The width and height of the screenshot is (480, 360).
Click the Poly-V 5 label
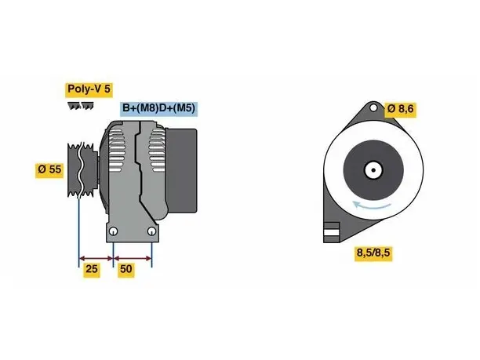(x=89, y=89)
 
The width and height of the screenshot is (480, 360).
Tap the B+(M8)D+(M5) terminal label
(x=159, y=109)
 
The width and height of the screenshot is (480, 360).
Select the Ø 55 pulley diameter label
(x=49, y=170)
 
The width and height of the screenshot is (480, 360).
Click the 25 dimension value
(x=92, y=269)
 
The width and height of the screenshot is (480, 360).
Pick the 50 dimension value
(x=125, y=269)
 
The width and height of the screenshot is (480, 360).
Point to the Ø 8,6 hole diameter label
(x=401, y=109)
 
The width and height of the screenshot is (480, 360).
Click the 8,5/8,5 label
(x=373, y=253)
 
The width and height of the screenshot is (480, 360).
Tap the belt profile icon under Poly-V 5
(x=81, y=106)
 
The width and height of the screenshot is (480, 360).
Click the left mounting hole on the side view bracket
(x=113, y=231)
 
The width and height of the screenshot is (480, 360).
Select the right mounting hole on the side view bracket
(x=151, y=231)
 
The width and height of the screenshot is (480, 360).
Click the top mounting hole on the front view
(x=373, y=107)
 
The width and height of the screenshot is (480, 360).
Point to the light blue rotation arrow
(x=372, y=205)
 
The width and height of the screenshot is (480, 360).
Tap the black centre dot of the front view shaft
(x=373, y=170)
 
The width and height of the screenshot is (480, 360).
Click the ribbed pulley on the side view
(x=82, y=169)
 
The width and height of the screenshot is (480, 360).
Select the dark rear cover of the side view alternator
(x=181, y=170)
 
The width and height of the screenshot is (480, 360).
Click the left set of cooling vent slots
(x=117, y=150)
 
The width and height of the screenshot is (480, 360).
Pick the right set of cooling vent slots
(x=157, y=150)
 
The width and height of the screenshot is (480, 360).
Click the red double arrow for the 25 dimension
(x=96, y=259)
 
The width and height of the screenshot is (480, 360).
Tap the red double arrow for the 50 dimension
(x=133, y=259)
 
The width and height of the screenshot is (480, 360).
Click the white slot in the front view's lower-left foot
(x=332, y=232)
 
